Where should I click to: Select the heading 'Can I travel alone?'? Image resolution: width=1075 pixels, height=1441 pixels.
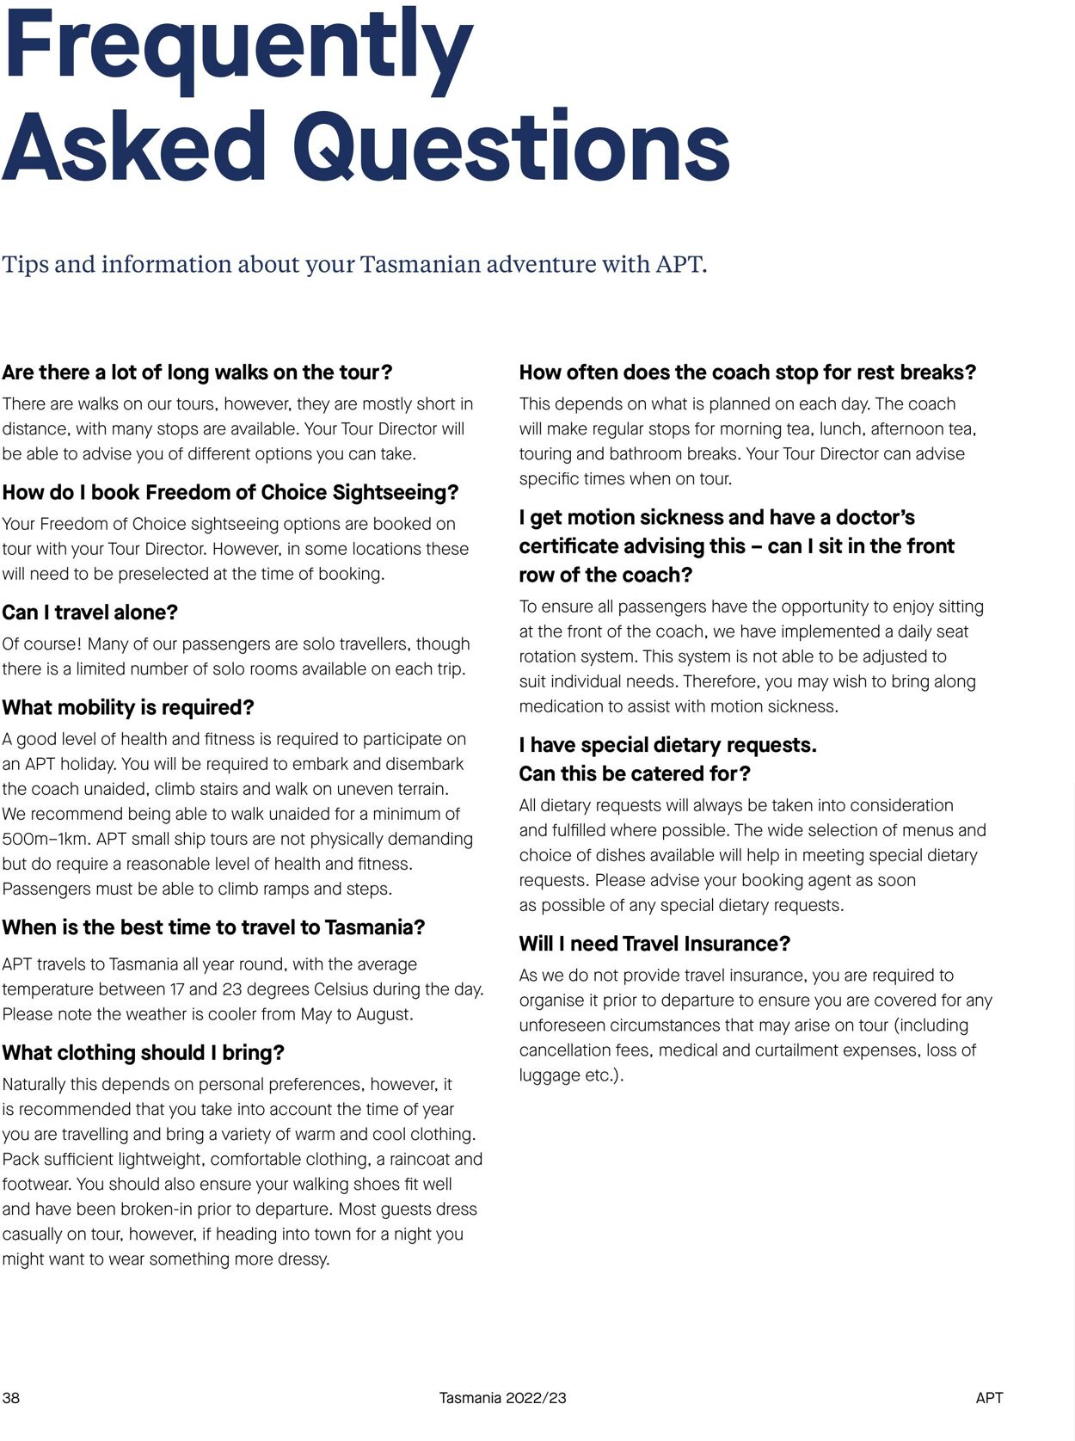tap(89, 613)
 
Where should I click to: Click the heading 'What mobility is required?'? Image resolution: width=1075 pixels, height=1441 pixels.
tap(128, 707)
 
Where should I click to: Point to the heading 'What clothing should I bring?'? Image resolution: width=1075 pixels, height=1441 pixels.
tap(143, 1053)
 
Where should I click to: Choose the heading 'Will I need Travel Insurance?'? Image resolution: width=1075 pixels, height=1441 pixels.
tap(654, 944)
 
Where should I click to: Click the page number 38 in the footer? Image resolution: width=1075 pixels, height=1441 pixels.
tap(11, 1398)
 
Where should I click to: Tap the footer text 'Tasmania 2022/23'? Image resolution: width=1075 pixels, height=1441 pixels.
tap(502, 1398)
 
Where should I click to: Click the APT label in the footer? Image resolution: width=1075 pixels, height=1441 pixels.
tap(989, 1398)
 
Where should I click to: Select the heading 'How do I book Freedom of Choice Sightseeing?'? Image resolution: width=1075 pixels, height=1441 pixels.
tap(230, 492)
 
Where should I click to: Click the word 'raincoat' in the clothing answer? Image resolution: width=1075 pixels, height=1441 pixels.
tap(419, 1159)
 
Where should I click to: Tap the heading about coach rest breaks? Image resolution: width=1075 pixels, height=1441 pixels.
tap(747, 373)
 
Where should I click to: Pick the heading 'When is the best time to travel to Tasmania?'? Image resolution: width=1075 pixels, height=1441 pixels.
tap(213, 927)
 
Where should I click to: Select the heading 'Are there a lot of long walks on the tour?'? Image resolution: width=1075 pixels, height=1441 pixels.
tap(197, 373)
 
